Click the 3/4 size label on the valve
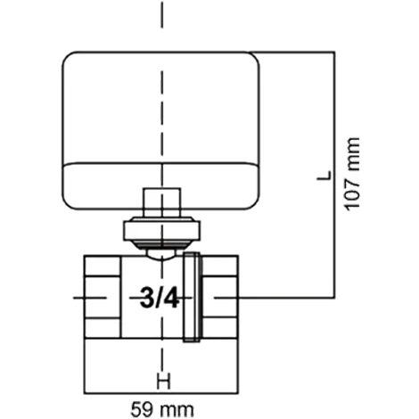pyautogui.click(x=160, y=298)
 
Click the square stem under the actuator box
pyautogui.click(x=161, y=202)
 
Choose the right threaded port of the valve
pyautogui.click(x=224, y=298)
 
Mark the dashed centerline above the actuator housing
pyautogui.click(x=161, y=22)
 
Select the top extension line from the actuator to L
pyautogui.click(x=294, y=50)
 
